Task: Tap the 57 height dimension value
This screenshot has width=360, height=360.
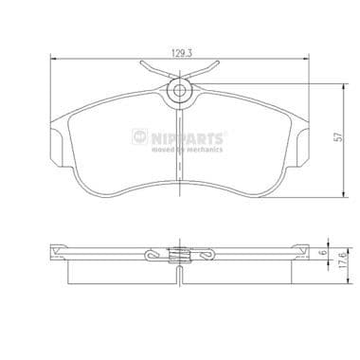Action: (338, 136)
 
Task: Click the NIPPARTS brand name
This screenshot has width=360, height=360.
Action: (193, 138)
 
